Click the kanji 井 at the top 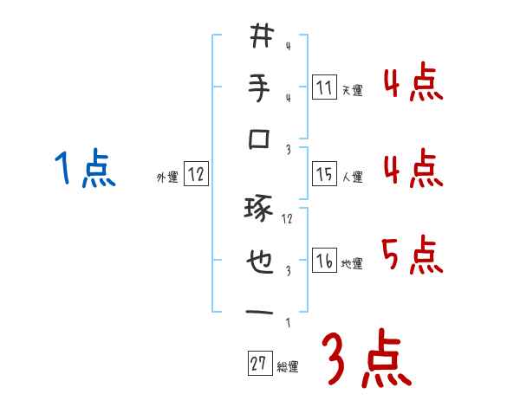[261, 36]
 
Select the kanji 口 [261, 139]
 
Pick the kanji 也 [261, 260]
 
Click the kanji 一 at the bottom [261, 312]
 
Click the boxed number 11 [324, 87]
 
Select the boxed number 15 [324, 175]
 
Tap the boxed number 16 [324, 261]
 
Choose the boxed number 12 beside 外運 [196, 175]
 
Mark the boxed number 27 [259, 364]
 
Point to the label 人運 [352, 178]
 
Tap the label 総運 [288, 366]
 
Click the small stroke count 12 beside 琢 [288, 218]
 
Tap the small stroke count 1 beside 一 [287, 322]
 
